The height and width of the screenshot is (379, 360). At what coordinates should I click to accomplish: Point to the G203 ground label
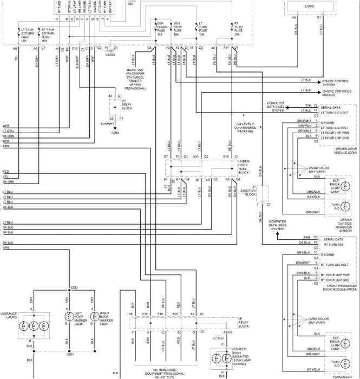(115, 132)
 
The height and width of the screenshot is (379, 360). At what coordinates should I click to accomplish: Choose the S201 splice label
(70, 355)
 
